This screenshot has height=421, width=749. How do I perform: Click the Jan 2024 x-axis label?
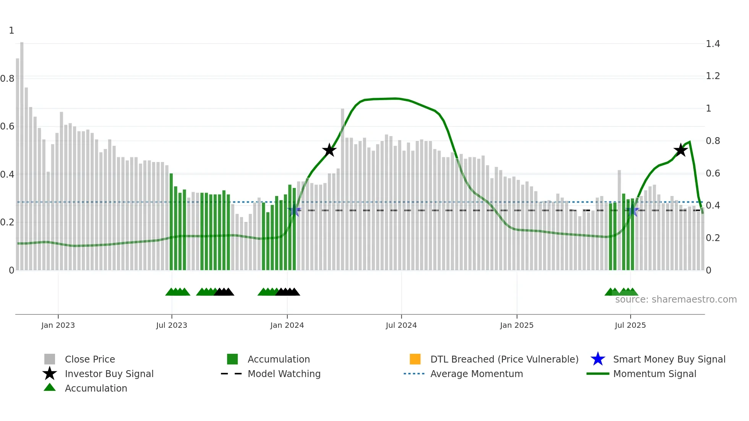[287, 325]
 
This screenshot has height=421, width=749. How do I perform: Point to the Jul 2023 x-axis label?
[172, 325]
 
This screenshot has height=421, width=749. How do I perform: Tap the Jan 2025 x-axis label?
[517, 325]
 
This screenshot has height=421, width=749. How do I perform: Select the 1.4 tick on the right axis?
[713, 44]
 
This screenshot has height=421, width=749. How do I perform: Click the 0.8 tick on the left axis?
[7, 79]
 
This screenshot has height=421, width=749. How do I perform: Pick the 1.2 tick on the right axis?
[713, 76]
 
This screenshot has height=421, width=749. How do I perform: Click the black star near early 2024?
[329, 150]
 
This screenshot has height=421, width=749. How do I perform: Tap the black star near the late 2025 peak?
[680, 150]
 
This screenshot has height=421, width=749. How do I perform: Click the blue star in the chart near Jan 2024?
[294, 210]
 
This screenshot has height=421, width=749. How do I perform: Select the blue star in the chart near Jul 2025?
[633, 210]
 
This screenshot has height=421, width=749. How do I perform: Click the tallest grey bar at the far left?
[22, 153]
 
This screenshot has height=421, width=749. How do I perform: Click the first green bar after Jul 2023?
[171, 222]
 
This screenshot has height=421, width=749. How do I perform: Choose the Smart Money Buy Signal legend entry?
[669, 359]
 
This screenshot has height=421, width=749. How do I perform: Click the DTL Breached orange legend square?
[415, 359]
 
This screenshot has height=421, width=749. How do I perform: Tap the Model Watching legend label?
[284, 374]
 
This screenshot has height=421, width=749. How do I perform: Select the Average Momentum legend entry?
[476, 374]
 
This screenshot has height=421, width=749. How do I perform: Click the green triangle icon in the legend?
[50, 387]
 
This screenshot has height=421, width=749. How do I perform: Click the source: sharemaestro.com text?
[676, 299]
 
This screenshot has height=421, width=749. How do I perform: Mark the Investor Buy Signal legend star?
[50, 374]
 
